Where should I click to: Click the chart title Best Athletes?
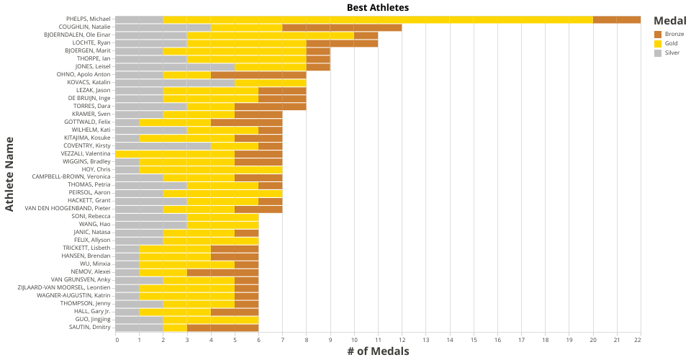[378, 7]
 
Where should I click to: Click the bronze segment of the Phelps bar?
[617, 19]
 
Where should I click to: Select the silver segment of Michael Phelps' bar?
[139, 19]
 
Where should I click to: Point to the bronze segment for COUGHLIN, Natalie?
[342, 27]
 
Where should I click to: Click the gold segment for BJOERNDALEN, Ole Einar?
[271, 35]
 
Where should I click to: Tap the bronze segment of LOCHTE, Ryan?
[342, 43]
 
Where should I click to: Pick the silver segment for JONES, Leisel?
[175, 66]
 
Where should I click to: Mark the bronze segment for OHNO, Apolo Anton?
[258, 74]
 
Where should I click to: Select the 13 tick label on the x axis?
[425, 340]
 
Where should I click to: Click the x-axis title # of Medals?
[378, 351]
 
